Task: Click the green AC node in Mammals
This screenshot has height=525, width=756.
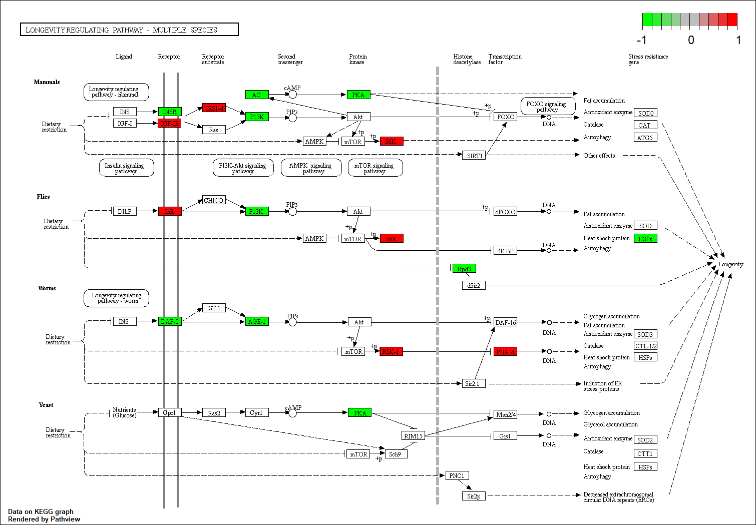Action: pos(257,95)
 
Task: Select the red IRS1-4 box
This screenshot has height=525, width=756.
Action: pos(214,108)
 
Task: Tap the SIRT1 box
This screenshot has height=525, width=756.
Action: pos(474,156)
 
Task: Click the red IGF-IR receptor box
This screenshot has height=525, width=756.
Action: pos(169,123)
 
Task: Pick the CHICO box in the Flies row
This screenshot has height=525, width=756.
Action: pos(214,200)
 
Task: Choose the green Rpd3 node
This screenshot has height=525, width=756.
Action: pos(464,269)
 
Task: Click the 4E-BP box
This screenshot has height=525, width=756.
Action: pos(505,251)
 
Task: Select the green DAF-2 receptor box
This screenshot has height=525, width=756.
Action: pos(169,321)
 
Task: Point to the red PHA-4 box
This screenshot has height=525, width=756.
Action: pos(505,352)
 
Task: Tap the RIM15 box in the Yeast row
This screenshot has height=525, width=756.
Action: pos(414,436)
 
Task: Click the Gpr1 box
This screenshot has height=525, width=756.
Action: pos(169,413)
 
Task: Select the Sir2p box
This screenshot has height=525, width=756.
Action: pos(474,496)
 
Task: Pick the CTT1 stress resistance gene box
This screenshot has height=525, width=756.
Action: pos(645,454)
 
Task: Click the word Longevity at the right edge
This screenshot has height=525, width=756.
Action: pos(730,264)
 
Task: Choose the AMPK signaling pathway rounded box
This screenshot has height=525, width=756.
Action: pos(311,168)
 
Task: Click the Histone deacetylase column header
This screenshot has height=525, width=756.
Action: pos(467,59)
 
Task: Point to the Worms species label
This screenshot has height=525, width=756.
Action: pos(47,288)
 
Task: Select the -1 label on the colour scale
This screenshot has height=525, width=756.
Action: pos(641,40)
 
